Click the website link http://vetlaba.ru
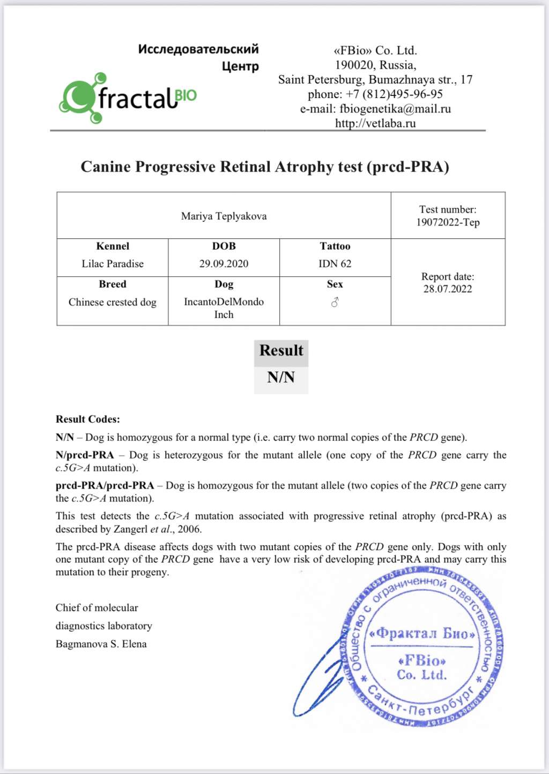[x=375, y=123]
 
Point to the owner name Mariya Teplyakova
[x=224, y=216]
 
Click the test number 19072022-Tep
[x=448, y=222]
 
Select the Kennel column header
[x=113, y=246]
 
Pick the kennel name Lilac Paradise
[x=113, y=264]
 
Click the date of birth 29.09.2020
[x=224, y=264]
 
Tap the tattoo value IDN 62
[x=335, y=264]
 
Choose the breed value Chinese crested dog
[x=113, y=302]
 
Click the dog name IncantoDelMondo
[x=224, y=302]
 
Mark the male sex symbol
[x=335, y=303]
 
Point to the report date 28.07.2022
[x=448, y=289]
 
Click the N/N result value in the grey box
[x=281, y=378]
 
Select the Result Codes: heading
[x=88, y=419]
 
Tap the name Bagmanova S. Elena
[x=101, y=644]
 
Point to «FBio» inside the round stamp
[x=422, y=660]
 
